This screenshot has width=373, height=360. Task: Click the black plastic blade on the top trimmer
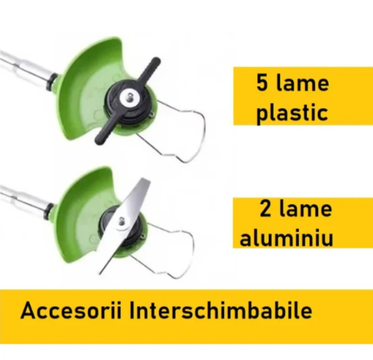point(128,101)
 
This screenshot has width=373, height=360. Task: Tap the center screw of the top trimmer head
point(130,97)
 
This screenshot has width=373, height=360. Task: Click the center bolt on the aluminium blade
point(122,221)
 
